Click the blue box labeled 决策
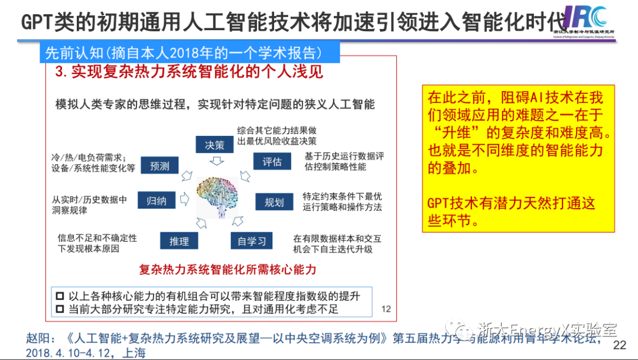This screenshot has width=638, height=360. point(214,144)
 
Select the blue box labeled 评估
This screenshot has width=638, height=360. point(272,161)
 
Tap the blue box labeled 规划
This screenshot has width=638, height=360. point(274,202)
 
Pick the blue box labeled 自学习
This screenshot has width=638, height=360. point(252,241)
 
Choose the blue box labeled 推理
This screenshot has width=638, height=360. point(179,241)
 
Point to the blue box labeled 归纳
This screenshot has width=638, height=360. point(156,200)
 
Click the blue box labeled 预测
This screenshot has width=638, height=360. point(159,166)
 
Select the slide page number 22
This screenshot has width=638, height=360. point(620,345)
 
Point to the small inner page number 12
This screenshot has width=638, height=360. point(386,309)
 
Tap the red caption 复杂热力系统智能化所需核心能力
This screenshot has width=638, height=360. point(227,270)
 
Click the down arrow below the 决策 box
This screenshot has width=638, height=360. point(214,161)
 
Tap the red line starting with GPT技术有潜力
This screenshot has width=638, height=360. point(511,204)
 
